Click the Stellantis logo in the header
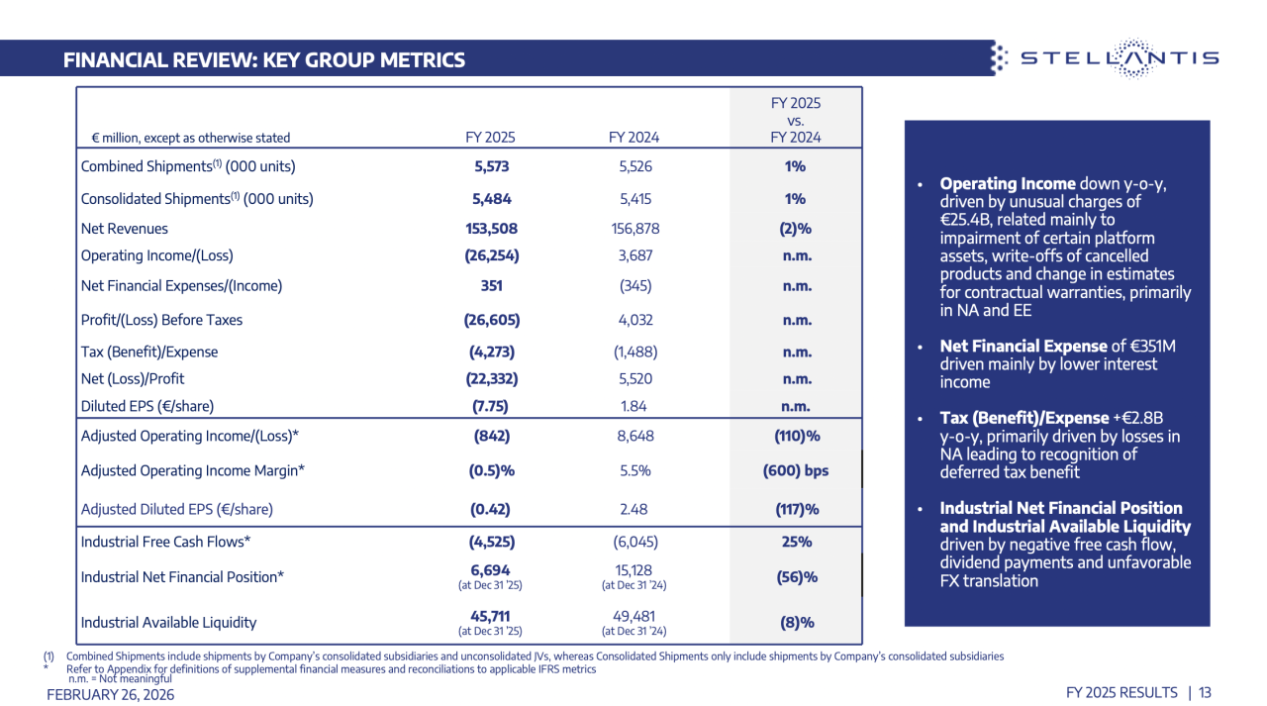(1104, 57)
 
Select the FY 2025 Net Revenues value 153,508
(491, 229)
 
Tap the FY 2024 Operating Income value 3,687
(634, 255)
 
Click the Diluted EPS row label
(146, 406)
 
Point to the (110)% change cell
(796, 436)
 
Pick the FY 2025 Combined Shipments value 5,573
(491, 166)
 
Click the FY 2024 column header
(634, 138)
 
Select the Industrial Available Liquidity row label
(168, 623)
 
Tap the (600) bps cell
(796, 471)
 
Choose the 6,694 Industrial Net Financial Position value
(491, 570)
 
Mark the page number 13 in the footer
(1205, 692)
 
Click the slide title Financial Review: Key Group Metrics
(264, 60)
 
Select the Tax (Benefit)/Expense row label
(149, 352)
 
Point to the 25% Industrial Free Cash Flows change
(796, 542)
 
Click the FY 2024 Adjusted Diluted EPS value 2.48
(634, 509)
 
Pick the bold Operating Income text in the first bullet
(1007, 184)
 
